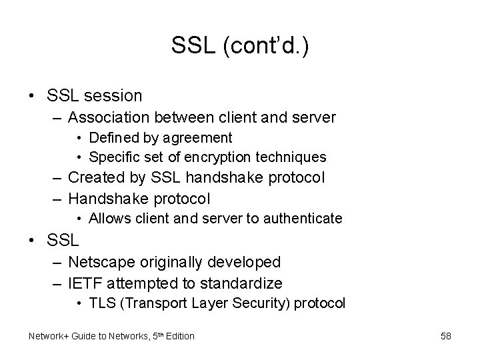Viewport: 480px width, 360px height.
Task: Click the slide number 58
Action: (445, 336)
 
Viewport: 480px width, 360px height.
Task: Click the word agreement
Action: (199, 138)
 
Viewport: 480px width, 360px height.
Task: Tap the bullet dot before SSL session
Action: (32, 95)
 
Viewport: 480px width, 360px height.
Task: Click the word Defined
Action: (111, 138)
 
